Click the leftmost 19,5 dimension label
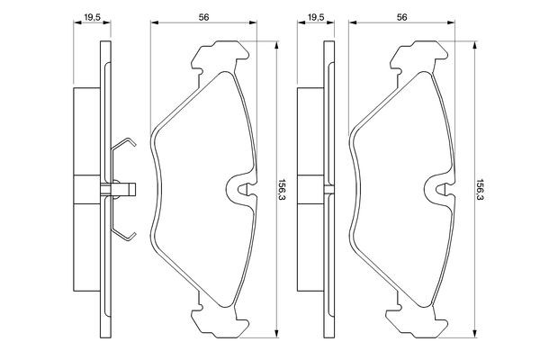(92, 17)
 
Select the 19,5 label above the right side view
(316, 17)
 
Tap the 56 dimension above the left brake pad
(204, 17)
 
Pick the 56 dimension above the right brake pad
(402, 17)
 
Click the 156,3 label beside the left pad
(283, 190)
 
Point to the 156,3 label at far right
(481, 190)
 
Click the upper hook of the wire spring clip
(124, 144)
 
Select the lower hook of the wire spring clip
(124, 234)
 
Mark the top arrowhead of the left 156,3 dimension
(276, 45)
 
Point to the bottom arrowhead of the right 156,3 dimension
(474, 334)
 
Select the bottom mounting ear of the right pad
(418, 322)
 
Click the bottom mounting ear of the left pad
(220, 322)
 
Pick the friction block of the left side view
(86, 190)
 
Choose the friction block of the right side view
(310, 190)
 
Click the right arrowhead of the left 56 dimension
(253, 22)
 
